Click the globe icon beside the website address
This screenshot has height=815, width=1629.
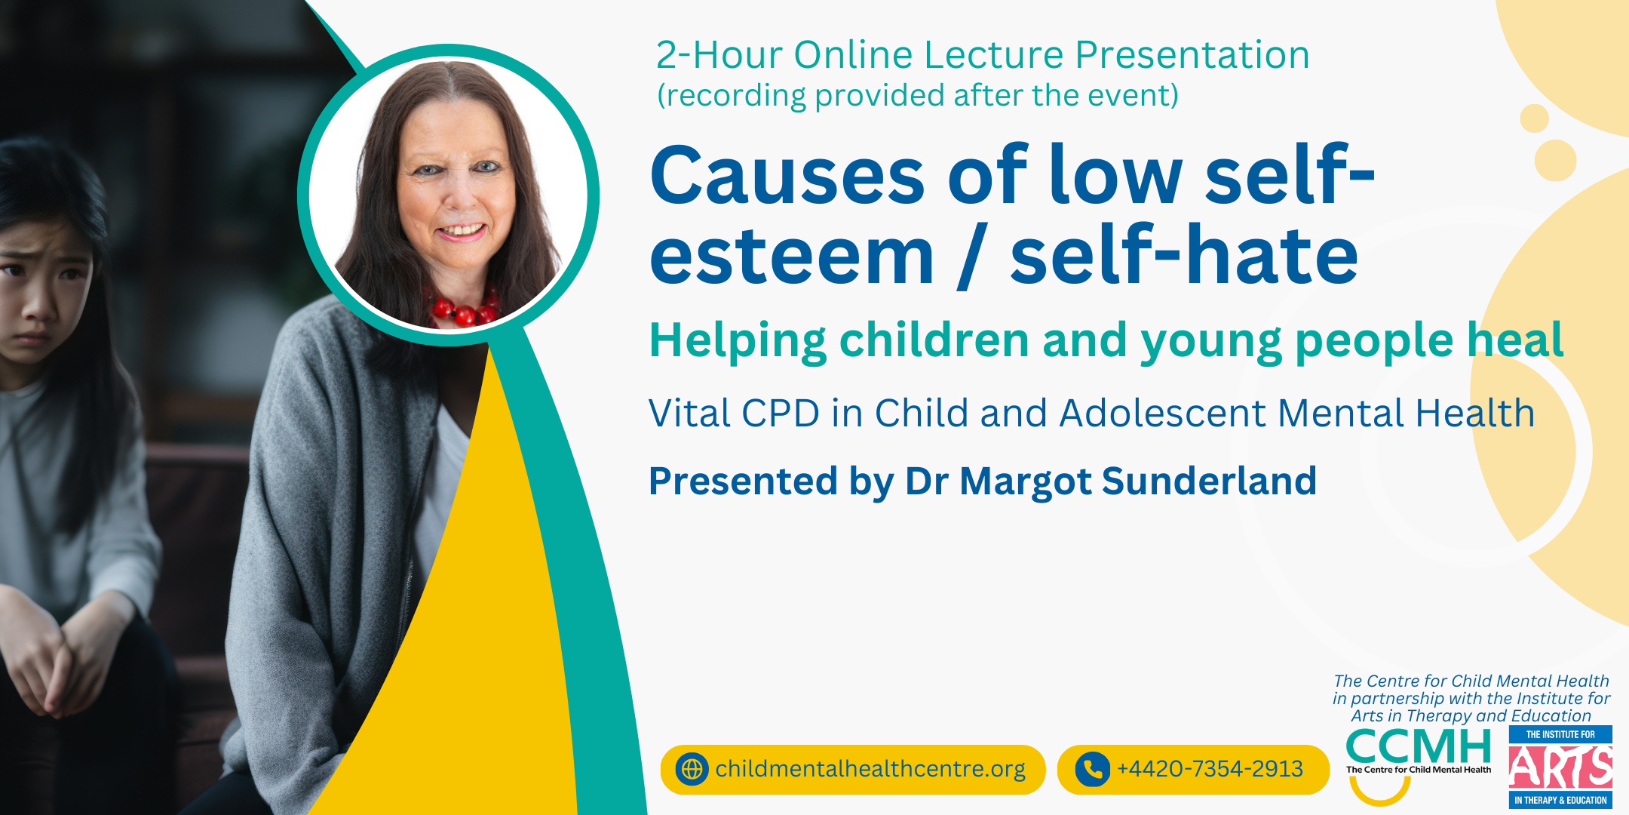pos(692,769)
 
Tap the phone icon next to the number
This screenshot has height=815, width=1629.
pos(1092,769)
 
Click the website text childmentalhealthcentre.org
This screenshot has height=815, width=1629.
pos(870,769)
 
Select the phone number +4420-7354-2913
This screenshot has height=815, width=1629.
pos(1210,769)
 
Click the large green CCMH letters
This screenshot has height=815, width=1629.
pos(1419,747)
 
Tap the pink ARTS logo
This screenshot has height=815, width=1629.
pos(1560,767)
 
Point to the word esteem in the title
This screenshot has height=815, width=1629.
pos(791,258)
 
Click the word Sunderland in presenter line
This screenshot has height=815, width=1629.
pos(1210,481)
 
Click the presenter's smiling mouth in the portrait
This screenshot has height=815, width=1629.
pos(461,230)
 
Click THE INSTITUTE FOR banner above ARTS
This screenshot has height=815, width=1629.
pos(1560,734)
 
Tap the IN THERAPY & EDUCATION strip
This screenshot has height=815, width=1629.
pos(1560,800)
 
